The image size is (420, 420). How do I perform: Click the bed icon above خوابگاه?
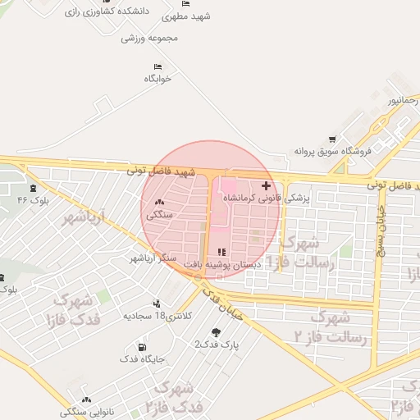click(157, 66)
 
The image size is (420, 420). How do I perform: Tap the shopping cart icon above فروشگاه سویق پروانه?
click(331, 139)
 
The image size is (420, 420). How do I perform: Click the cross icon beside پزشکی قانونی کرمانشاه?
click(265, 186)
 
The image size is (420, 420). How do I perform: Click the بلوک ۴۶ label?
click(34, 199)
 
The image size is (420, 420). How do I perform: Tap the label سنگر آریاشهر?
click(153, 258)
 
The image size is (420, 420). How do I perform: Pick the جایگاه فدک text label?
click(142, 358)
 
